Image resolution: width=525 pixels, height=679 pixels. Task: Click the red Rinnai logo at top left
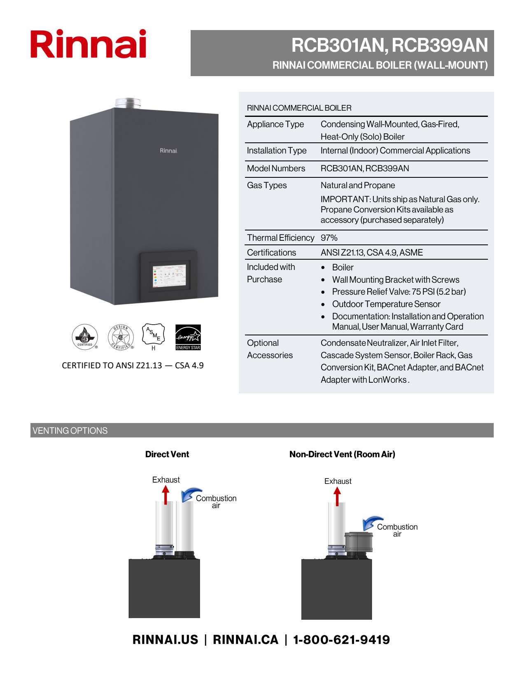[x=88, y=44]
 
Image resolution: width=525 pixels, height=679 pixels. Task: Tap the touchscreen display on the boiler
[x=169, y=276]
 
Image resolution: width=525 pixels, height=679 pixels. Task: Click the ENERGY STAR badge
[x=188, y=337]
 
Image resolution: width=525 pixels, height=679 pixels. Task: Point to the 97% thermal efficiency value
[x=329, y=238]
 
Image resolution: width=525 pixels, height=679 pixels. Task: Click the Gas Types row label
[x=267, y=185]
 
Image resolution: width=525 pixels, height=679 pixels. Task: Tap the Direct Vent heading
[x=167, y=454]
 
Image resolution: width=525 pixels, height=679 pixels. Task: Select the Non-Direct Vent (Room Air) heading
[x=342, y=454]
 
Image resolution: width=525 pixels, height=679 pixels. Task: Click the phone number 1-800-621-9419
[x=341, y=639]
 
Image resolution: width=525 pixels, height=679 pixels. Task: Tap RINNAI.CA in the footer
[x=245, y=639]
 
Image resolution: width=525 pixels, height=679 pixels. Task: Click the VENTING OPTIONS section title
[x=70, y=430]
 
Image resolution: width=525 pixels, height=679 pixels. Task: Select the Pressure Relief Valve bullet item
[x=399, y=292]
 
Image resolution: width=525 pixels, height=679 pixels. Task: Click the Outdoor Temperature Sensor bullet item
[x=386, y=304]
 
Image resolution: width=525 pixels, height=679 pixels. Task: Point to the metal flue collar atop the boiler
[x=128, y=103]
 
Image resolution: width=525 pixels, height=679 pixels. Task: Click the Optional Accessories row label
[x=270, y=349]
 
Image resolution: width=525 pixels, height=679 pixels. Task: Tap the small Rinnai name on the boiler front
[x=168, y=151]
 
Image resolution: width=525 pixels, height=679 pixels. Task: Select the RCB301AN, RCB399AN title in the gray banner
[x=390, y=45]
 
